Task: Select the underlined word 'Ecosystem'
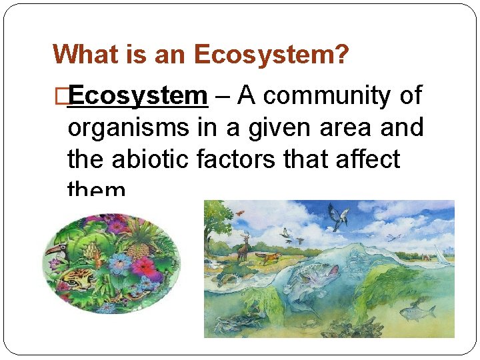pos(138,96)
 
